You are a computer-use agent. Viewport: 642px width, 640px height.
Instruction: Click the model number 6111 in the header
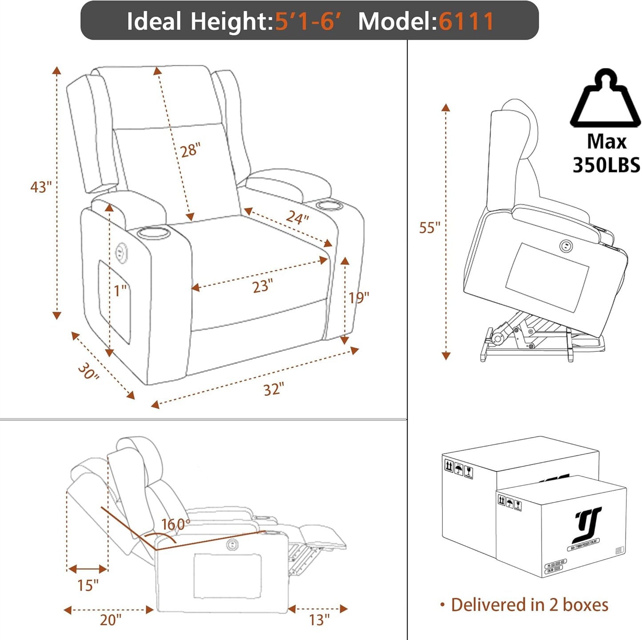[466, 21]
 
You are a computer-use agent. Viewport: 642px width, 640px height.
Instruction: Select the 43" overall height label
[41, 187]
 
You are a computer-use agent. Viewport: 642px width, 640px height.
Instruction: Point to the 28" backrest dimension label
[191, 150]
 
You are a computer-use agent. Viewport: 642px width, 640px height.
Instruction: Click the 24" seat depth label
[297, 217]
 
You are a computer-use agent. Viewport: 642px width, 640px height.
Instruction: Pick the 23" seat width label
[263, 286]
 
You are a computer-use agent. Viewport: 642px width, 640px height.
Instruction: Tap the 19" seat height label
[359, 298]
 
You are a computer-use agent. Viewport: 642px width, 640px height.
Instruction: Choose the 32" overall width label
[273, 390]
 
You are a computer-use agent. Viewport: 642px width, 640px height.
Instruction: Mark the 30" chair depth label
[88, 371]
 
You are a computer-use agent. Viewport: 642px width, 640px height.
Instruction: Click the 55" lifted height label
[429, 228]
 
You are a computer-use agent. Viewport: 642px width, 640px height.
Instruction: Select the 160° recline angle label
[175, 524]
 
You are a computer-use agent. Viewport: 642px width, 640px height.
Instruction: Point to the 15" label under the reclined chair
[88, 585]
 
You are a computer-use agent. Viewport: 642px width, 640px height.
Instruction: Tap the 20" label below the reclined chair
[110, 620]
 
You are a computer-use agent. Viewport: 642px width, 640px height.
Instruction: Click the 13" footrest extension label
[319, 620]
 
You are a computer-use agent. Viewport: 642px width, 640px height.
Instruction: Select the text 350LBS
[606, 165]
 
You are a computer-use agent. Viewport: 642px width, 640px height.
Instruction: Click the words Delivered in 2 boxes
[529, 605]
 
